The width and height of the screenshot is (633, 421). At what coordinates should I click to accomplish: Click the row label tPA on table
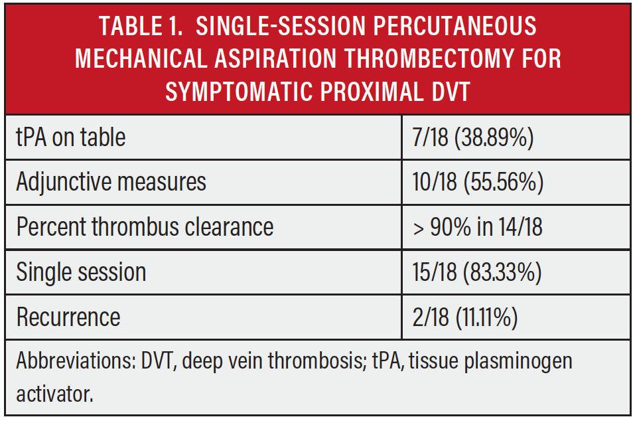click(x=70, y=137)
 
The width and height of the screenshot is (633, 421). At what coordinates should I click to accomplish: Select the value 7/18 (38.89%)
click(x=472, y=137)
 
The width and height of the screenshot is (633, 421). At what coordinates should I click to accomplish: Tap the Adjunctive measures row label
click(x=111, y=182)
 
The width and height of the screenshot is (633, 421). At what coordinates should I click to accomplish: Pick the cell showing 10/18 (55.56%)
click(x=478, y=182)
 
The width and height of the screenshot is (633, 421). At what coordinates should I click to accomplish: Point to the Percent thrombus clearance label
click(x=145, y=226)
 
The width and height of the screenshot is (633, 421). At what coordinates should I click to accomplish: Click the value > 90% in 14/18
click(x=478, y=227)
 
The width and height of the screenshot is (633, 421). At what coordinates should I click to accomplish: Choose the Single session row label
click(x=81, y=272)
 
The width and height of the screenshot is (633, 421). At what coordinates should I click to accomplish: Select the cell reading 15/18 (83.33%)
click(x=477, y=272)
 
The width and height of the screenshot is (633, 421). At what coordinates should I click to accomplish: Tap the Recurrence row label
click(x=68, y=317)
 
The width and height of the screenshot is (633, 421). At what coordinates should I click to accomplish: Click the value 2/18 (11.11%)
click(x=465, y=317)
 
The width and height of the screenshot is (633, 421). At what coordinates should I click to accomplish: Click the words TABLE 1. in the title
click(x=141, y=26)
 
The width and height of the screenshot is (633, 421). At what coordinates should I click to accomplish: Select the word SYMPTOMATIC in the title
click(x=238, y=91)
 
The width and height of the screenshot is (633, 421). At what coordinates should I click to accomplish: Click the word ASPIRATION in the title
click(x=275, y=58)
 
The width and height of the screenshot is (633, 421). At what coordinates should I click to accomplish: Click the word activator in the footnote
click(x=54, y=394)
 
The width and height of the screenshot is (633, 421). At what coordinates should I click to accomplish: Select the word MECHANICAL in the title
click(x=141, y=58)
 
